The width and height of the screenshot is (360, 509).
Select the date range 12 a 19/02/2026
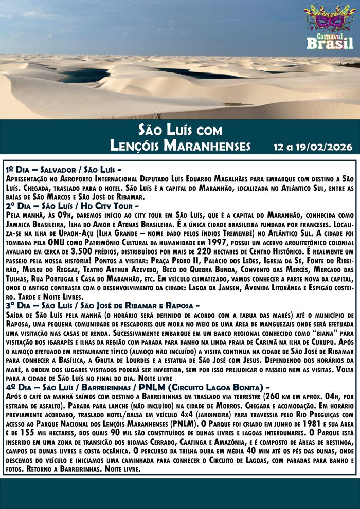point(313,147)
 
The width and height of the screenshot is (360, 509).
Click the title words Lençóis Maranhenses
point(180,146)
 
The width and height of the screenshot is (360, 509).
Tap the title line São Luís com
point(180,129)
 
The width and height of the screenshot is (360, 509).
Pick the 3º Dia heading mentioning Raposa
point(101,306)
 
